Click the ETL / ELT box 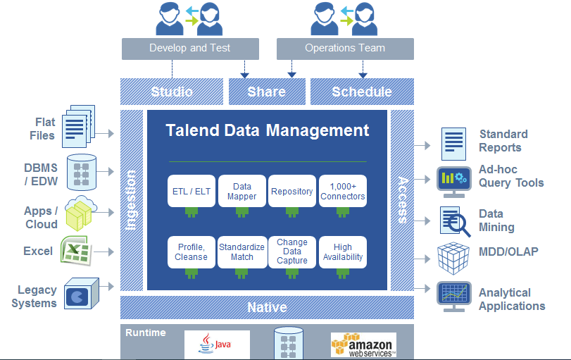pyautogui.click(x=192, y=191)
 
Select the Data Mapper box pyautogui.click(x=241, y=191)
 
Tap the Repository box pyautogui.click(x=292, y=191)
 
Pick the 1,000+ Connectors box pyautogui.click(x=343, y=191)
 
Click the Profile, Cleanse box pyautogui.click(x=192, y=252)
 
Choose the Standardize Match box pyautogui.click(x=241, y=252)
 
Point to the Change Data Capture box pyautogui.click(x=292, y=252)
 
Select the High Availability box pyautogui.click(x=343, y=252)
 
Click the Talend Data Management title pyautogui.click(x=267, y=130)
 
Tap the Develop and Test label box pyautogui.click(x=190, y=49)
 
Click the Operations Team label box pyautogui.click(x=345, y=49)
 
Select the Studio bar pyautogui.click(x=172, y=92)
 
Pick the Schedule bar pyautogui.click(x=362, y=92)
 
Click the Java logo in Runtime pyautogui.click(x=217, y=345)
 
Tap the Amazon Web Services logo pyautogui.click(x=363, y=345)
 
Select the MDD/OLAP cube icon pyautogui.click(x=453, y=258)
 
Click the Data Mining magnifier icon pyautogui.click(x=453, y=221)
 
